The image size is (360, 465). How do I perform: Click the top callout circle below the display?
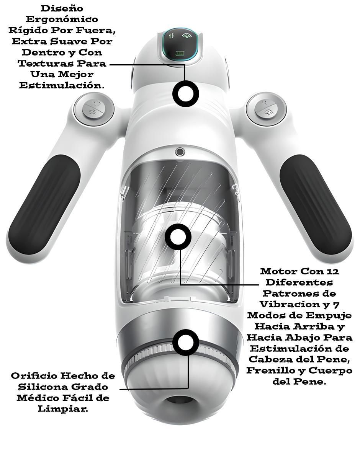(186, 94)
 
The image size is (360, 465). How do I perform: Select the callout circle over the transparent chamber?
(178, 237)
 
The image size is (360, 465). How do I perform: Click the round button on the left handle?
(94, 109)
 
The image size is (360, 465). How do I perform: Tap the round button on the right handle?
(266, 109)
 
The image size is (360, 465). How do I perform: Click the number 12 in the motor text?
(333, 272)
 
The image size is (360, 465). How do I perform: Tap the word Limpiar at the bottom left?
(63, 409)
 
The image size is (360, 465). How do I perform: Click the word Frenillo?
(272, 370)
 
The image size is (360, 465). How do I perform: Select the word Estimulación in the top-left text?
(62, 85)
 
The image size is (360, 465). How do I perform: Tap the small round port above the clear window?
(180, 152)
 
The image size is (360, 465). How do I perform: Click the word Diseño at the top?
(62, 8)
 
